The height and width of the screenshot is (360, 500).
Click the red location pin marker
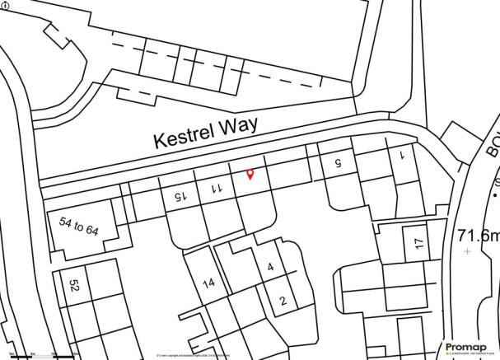(x=250, y=174)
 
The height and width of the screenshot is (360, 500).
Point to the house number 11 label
(x=217, y=188)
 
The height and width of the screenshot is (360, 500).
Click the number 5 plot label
(x=336, y=164)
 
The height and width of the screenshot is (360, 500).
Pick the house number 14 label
(x=208, y=283)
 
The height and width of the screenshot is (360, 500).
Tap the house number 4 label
(x=269, y=267)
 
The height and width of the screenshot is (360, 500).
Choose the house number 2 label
(x=282, y=301)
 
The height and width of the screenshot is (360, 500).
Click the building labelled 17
(x=418, y=243)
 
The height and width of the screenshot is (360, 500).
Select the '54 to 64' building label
(x=79, y=226)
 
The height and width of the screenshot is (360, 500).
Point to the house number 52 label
(x=73, y=285)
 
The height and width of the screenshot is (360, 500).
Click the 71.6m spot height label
(x=478, y=236)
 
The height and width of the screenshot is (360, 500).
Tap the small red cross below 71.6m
(x=468, y=250)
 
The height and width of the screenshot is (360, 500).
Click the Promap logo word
(x=469, y=346)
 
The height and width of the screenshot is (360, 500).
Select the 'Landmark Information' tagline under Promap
(x=469, y=355)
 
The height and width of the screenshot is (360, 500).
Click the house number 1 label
(x=403, y=155)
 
